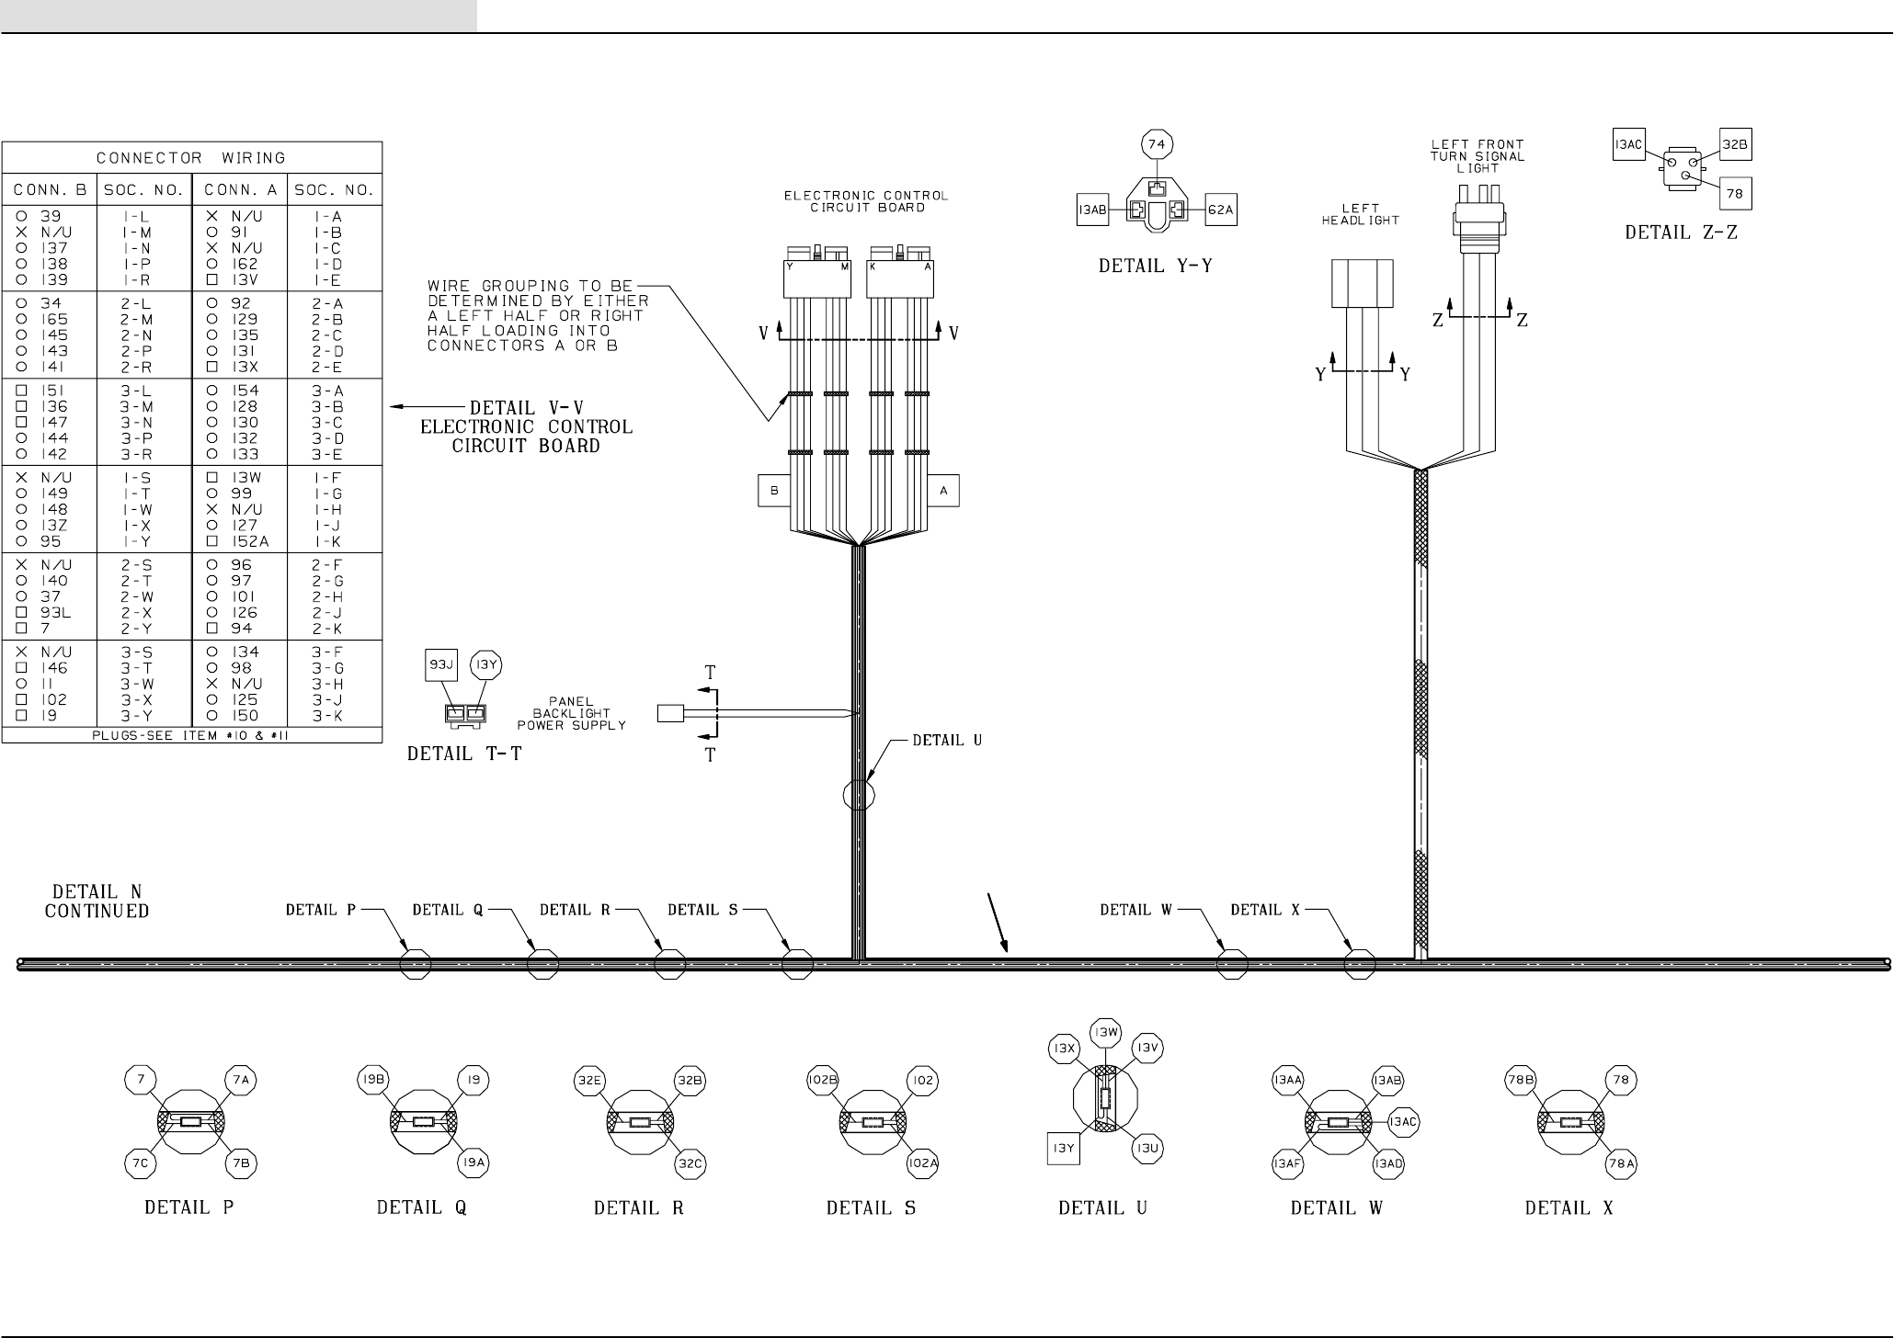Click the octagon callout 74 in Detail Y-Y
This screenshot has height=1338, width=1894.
(1157, 144)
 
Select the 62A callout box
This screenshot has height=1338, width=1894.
(1220, 210)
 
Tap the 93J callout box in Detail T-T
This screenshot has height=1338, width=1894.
(441, 664)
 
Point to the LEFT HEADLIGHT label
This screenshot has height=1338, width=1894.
(1360, 214)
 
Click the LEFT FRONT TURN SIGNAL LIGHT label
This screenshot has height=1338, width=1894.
(1477, 156)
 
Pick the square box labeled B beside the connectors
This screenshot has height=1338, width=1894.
(774, 491)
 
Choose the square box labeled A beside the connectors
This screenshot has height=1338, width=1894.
(943, 491)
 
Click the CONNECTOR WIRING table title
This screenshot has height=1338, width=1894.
(191, 158)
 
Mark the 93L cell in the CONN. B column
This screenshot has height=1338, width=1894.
(55, 613)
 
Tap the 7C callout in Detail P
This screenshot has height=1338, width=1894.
(141, 1163)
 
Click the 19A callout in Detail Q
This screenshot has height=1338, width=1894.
(473, 1163)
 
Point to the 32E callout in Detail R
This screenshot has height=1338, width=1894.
(589, 1081)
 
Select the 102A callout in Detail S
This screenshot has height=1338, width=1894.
(922, 1163)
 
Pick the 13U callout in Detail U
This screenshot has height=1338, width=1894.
(1147, 1149)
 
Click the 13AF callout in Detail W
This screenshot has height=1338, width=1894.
(1287, 1163)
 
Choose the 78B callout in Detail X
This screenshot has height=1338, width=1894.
(1520, 1081)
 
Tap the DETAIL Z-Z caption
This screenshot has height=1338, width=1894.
(1681, 232)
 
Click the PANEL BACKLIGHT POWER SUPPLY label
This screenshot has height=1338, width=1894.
(571, 713)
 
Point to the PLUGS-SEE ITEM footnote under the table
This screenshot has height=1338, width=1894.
(191, 735)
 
